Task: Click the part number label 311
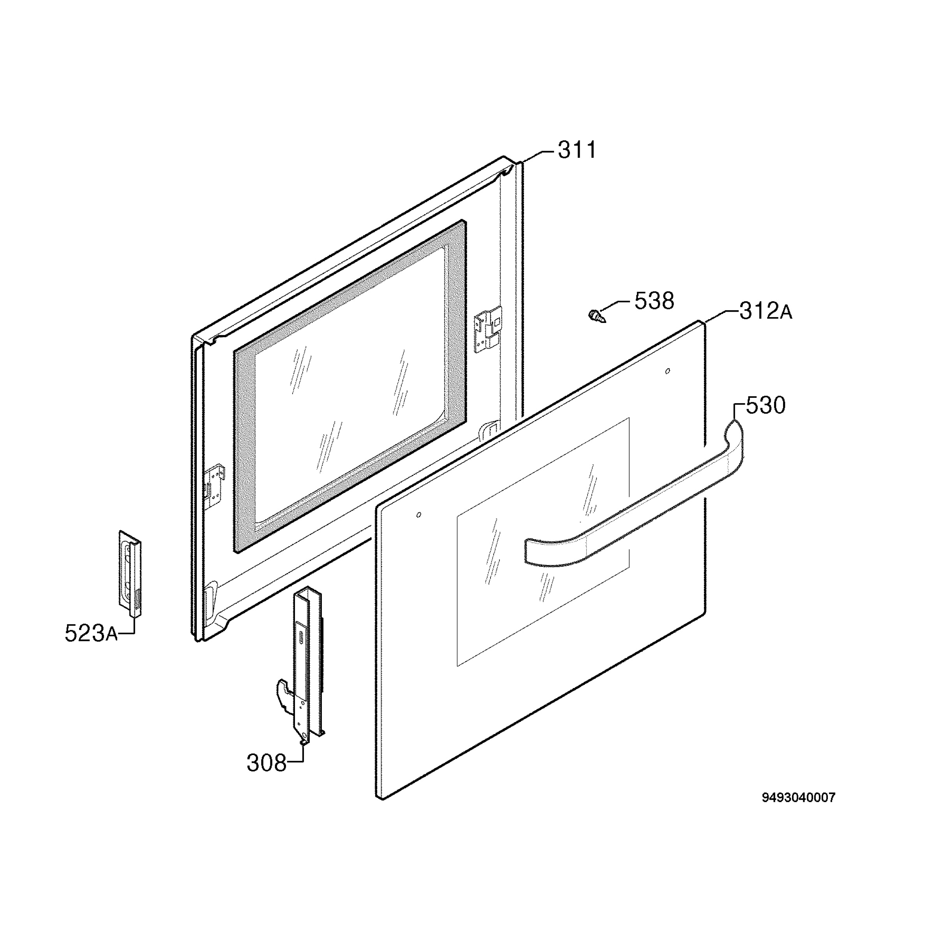click(x=577, y=150)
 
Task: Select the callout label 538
click(x=654, y=301)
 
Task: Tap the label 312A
click(x=766, y=311)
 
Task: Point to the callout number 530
click(x=766, y=406)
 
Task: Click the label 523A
click(x=91, y=633)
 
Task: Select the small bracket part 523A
click(x=130, y=573)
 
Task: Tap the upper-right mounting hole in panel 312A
click(x=668, y=371)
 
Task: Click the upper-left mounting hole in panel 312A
click(x=419, y=514)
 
